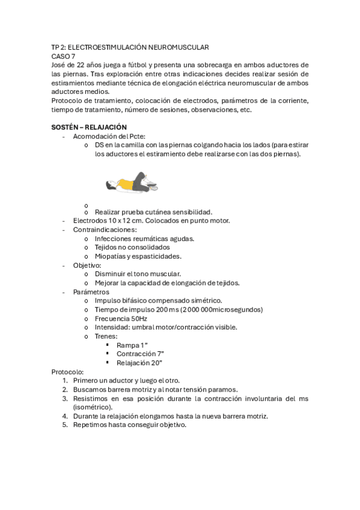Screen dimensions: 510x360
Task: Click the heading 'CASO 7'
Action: tap(63, 56)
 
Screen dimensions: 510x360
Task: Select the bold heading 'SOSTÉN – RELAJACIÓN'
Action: tap(89, 127)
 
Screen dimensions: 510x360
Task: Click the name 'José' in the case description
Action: tap(58, 65)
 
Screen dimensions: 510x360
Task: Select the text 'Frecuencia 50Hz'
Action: tap(121, 318)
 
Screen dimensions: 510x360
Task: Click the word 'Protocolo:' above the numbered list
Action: tap(68, 372)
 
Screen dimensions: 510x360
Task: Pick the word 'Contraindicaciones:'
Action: tap(105, 229)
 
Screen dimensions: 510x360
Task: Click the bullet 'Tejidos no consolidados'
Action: tap(132, 247)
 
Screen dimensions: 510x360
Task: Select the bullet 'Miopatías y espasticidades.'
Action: tap(138, 256)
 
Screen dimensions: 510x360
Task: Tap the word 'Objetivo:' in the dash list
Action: tap(87, 265)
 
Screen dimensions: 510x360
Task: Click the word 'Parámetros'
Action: tap(91, 292)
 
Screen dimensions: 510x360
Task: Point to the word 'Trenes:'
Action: tap(106, 336)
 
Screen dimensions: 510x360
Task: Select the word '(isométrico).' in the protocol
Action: tap(92, 407)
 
